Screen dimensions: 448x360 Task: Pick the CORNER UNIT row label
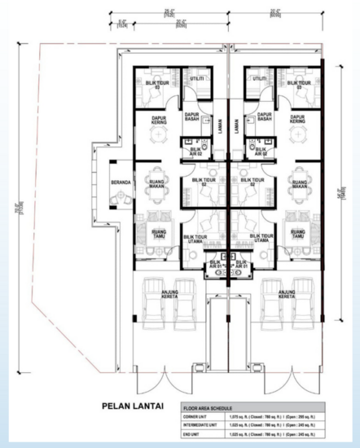200,418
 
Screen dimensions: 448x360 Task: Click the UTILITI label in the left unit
196,79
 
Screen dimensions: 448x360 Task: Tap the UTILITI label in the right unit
260,79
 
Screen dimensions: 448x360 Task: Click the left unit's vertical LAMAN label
220,130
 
